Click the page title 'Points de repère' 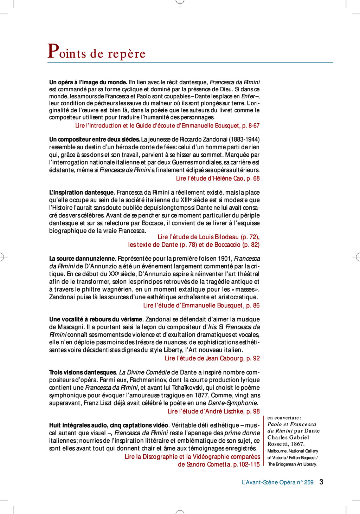97,52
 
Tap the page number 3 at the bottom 321,482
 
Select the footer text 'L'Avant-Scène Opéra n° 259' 277,482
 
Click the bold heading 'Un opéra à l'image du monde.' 88,82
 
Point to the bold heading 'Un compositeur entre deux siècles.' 95,139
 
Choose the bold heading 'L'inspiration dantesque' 81,193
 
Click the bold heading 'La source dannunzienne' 82,259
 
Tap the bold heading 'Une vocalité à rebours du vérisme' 96,319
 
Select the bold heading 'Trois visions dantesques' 83,372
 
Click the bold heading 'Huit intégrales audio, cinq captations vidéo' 109,425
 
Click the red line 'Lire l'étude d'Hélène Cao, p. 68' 218,178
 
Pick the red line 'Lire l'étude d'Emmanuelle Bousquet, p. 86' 201,306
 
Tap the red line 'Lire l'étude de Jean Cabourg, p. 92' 212,358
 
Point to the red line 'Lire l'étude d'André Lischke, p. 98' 213,411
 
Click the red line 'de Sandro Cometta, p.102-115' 219,464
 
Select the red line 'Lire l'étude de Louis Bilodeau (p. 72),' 208,237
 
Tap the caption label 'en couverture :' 284,418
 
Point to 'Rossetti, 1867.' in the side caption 286,444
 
